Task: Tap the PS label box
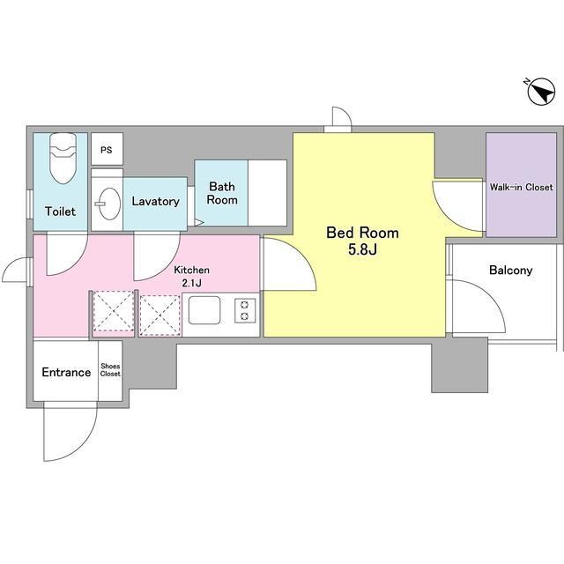[107, 149]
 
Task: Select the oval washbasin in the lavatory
[109, 204]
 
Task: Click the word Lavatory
[155, 201]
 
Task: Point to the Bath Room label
[222, 193]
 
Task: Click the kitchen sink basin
[204, 310]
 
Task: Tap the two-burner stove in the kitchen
[245, 310]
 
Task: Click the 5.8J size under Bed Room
[362, 249]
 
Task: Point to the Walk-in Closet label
[521, 187]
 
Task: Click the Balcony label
[511, 271]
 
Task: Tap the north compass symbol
[540, 92]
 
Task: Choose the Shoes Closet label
[110, 370]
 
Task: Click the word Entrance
[66, 372]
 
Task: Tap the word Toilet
[61, 211]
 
